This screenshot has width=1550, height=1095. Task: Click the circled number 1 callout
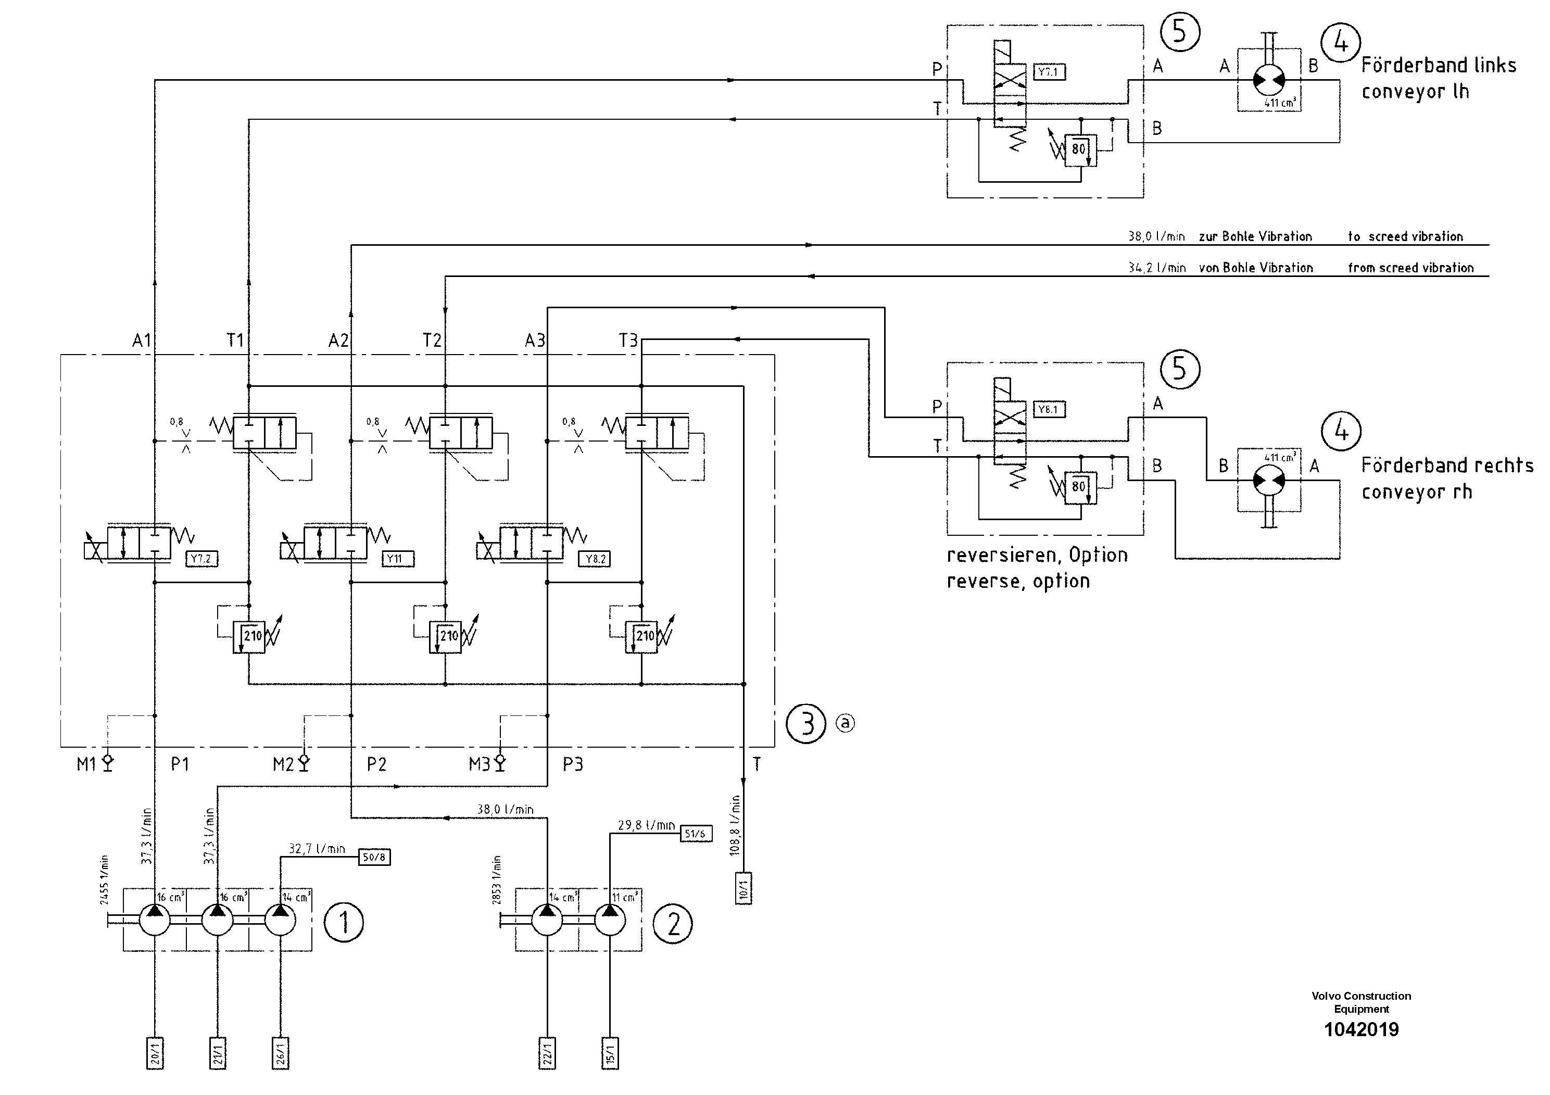coord(344,922)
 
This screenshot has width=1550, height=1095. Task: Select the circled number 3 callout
coord(806,724)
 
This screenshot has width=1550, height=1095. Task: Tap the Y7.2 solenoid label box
coord(201,559)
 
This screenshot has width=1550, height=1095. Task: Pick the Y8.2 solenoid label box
coord(594,559)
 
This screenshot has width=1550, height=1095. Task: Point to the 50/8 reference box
coord(374,858)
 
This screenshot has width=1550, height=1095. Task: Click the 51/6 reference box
coord(696,834)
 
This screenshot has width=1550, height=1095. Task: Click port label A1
coord(141,340)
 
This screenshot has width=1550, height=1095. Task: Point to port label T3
coord(628,340)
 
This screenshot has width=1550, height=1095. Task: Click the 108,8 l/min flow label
coord(735,825)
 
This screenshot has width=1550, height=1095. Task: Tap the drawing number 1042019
coord(1361,1029)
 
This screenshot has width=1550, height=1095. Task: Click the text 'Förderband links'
coord(1438,66)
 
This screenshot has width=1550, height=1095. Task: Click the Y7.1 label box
coord(1049,71)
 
